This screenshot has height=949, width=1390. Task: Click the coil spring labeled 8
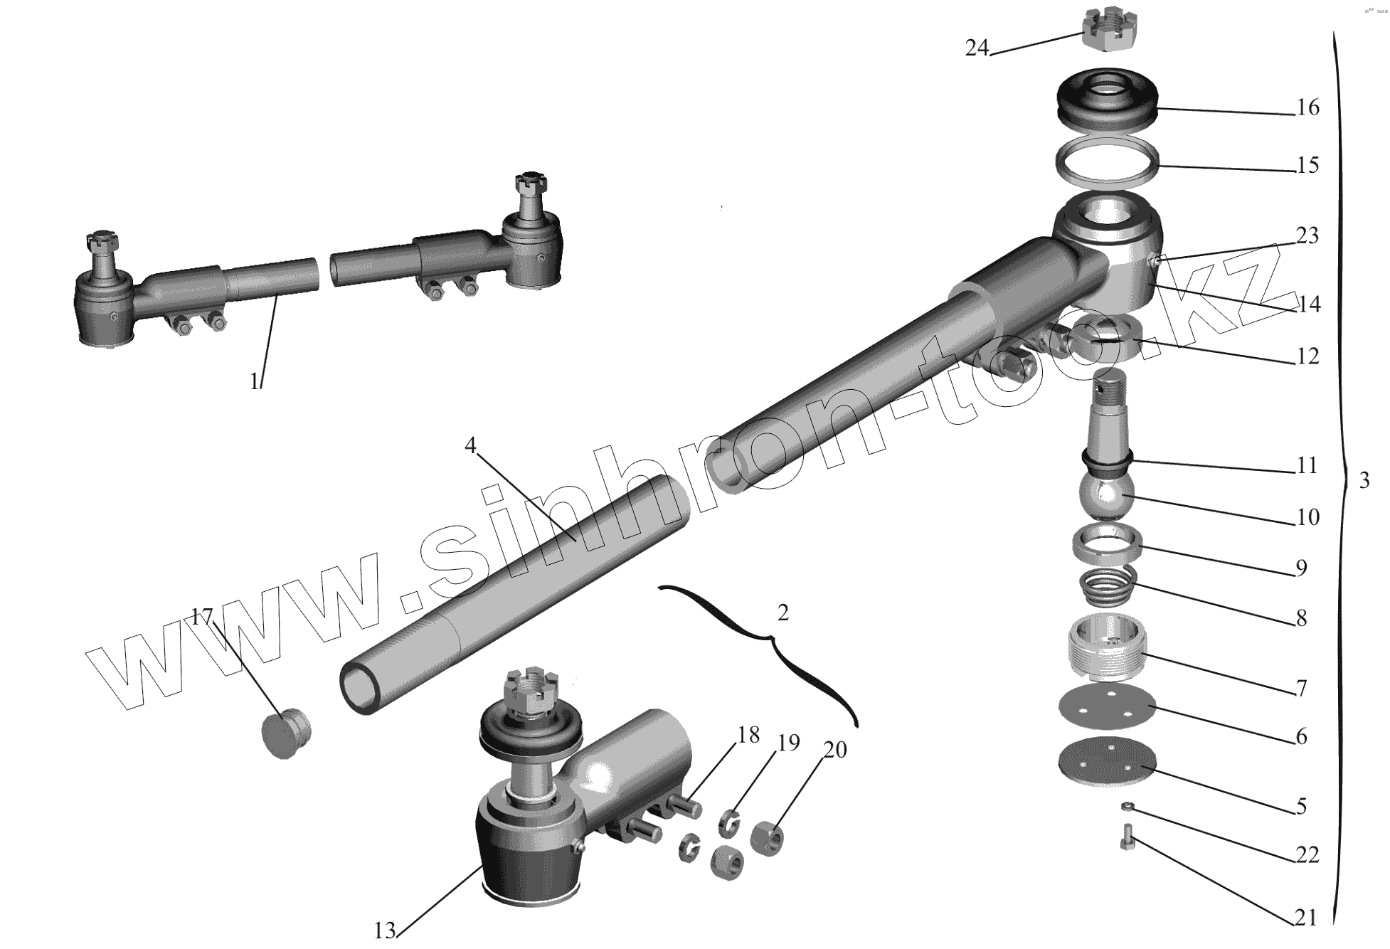point(1108,585)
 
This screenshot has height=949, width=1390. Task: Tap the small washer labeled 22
point(1127,807)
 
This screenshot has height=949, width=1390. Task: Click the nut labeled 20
point(767,838)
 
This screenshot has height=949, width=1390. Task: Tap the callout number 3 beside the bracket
point(1364,481)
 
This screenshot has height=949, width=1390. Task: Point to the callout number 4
point(469,445)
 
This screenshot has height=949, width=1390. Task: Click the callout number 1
point(255,382)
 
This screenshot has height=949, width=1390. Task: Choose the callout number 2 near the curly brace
point(782,613)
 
